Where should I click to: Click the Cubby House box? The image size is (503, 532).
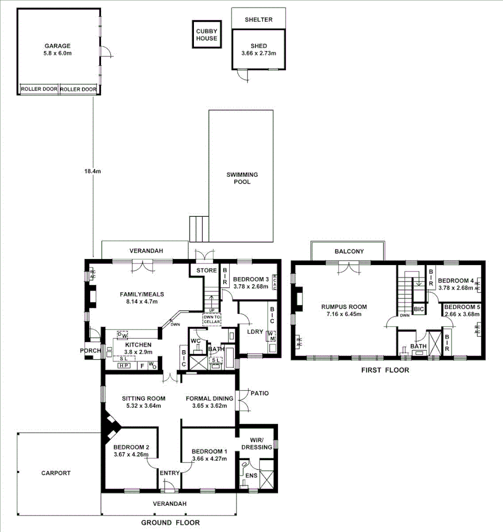[x=206, y=34]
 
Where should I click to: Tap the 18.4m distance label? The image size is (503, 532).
[x=92, y=172]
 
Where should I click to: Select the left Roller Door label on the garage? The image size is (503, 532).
[x=39, y=90]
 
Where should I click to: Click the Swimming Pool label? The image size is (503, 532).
[x=242, y=178]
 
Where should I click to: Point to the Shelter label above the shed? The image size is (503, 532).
[x=258, y=19]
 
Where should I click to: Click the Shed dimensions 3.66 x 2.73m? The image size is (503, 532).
[x=258, y=53]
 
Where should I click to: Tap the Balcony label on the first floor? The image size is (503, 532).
[x=349, y=251]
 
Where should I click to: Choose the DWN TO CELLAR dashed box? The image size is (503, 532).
[x=212, y=319]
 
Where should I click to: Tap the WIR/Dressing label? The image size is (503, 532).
[x=257, y=443]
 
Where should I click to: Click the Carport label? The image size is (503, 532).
[x=56, y=473]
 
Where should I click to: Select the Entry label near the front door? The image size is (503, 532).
[x=170, y=473]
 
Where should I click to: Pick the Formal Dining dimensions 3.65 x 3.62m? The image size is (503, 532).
[x=206, y=406]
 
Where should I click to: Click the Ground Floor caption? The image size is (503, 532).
[x=170, y=523]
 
